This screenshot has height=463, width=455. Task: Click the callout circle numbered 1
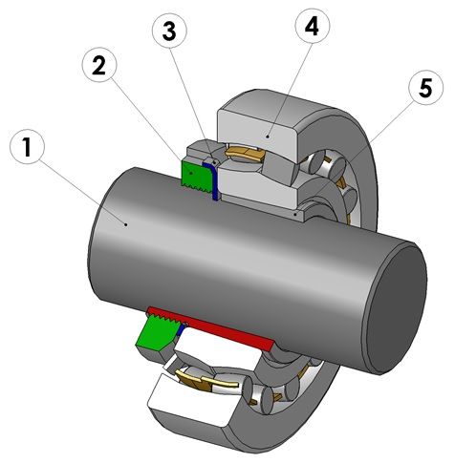pos(27,147)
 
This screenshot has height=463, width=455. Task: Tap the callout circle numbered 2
pos(99,65)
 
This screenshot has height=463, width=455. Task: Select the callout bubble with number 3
pos(169,32)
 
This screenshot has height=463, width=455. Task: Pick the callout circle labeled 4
pos(313,27)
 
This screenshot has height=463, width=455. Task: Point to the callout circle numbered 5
pos(425,88)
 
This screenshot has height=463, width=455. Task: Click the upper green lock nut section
pos(195,176)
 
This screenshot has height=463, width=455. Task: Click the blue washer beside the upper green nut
pos(212,179)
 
